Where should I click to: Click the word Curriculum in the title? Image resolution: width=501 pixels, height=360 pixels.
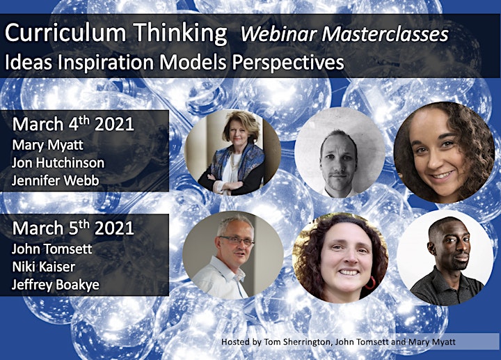65,33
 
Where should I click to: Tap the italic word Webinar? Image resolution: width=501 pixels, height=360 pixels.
278,34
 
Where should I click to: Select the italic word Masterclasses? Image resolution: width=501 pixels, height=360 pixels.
385,34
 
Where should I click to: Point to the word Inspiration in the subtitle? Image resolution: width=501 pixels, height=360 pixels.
106,63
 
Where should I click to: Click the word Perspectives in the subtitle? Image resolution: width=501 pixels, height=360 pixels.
288,63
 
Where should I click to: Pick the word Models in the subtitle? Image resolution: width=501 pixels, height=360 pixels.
193,62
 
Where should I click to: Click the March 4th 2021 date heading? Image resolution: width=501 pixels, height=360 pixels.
73,123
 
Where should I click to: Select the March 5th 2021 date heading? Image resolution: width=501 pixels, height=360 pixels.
73,228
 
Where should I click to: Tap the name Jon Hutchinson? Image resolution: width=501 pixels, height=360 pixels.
58,163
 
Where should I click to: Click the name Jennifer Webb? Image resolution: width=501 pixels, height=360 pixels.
56,180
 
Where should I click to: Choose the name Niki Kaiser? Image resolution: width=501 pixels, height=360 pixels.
43,267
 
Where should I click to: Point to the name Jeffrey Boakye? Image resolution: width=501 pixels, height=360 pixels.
56,285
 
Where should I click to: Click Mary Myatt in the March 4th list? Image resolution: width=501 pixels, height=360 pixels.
47,146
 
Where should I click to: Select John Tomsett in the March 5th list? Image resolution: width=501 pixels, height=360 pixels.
51,249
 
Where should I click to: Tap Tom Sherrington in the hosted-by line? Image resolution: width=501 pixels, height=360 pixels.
297,342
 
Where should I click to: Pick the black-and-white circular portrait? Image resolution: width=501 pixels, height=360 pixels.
340,152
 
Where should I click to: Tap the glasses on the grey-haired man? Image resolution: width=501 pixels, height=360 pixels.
237,240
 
